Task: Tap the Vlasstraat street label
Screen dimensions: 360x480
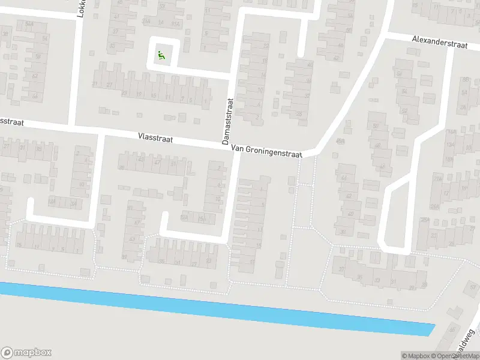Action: tap(155, 139)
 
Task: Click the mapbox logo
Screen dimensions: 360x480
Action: tap(26, 353)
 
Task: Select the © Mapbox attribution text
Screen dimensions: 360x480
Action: tap(415, 356)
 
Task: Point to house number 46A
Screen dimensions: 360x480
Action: tap(341, 140)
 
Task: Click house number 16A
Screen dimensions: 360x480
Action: tap(451, 131)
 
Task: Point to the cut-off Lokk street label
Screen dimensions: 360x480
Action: tap(81, 8)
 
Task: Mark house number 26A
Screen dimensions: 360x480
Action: tap(434, 207)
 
